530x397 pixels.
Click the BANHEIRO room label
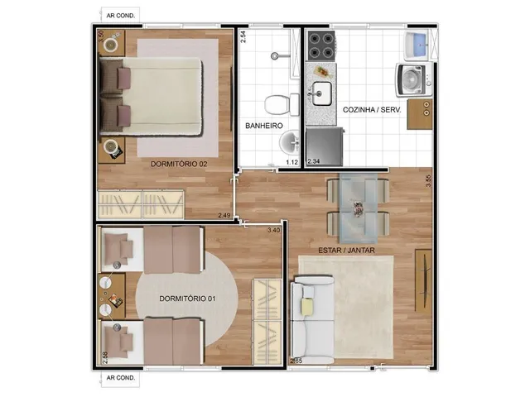[264, 126]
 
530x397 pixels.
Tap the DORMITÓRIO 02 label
[179, 164]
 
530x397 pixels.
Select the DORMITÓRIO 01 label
[187, 299]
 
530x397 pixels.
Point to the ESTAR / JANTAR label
[346, 251]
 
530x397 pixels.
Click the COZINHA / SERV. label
[372, 110]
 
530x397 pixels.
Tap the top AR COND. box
[121, 16]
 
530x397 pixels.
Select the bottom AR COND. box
[121, 378]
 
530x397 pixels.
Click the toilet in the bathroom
[282, 104]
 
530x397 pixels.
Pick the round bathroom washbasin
[289, 143]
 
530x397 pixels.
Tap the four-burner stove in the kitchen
[320, 45]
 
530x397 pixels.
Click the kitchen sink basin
[321, 93]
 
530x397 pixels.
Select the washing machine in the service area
[413, 80]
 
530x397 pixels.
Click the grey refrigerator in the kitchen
[325, 147]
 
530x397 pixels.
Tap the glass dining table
[359, 208]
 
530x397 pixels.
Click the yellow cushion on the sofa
[307, 307]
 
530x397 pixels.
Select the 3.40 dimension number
[274, 230]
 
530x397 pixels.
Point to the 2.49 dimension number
[224, 215]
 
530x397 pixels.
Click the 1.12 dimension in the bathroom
[291, 162]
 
